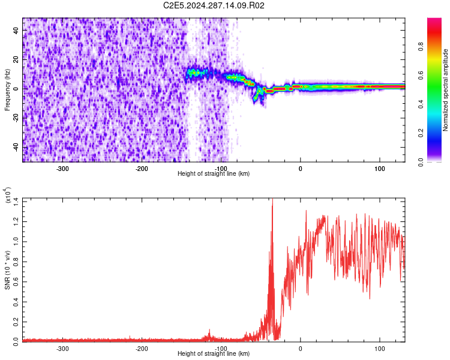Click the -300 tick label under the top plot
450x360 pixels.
pos(62,169)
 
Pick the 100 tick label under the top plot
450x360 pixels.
pos(379,169)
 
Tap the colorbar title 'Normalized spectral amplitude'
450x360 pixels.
pos(446,90)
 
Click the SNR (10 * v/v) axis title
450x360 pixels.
pos(7,270)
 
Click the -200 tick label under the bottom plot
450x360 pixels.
pos(142,348)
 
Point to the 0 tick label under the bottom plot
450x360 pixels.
pos(301,348)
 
